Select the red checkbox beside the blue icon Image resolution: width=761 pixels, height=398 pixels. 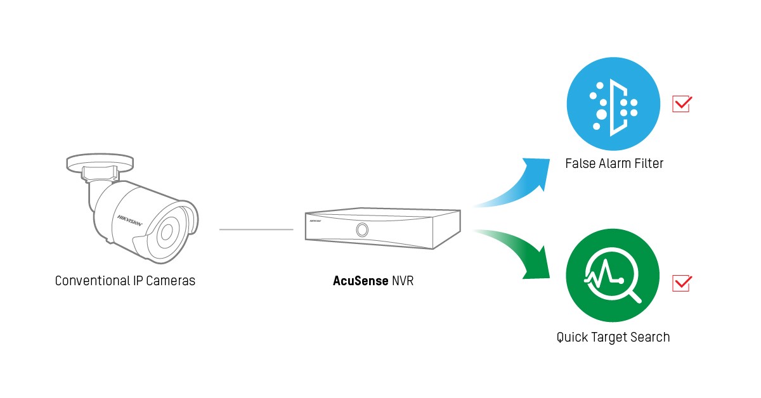tap(681, 103)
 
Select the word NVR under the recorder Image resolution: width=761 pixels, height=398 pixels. tap(402, 280)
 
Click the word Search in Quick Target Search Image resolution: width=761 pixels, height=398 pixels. tap(649, 337)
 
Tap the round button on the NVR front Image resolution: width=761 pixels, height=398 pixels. tap(362, 229)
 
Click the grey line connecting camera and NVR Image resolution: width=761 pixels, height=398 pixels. tap(256, 229)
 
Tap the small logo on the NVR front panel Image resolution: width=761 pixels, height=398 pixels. tap(315, 223)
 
